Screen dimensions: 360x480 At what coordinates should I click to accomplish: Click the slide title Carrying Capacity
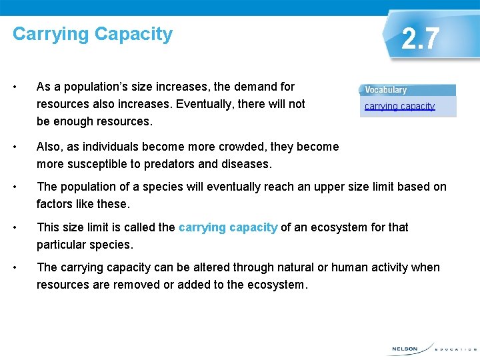click(x=93, y=34)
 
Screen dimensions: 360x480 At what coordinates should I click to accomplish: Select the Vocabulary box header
click(x=386, y=90)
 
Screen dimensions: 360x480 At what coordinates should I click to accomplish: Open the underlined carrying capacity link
click(x=399, y=106)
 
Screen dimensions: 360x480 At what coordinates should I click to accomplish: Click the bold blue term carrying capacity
click(x=228, y=227)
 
